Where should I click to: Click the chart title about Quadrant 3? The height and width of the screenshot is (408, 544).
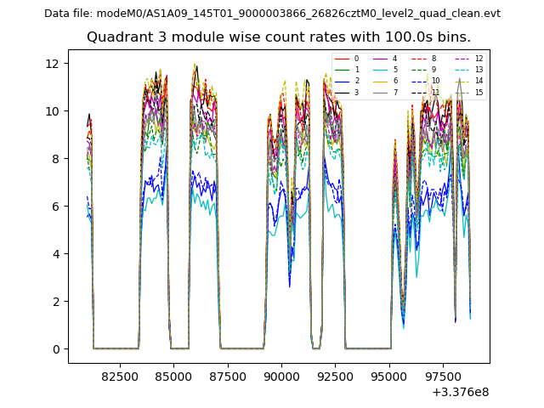(279, 37)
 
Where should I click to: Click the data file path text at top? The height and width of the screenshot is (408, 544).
(272, 14)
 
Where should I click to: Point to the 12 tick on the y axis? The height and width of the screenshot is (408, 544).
(52, 64)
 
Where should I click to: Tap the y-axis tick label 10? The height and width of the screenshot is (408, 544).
(52, 111)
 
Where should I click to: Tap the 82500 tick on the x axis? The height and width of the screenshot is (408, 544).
(120, 376)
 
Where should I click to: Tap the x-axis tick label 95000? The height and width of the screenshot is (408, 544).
(389, 376)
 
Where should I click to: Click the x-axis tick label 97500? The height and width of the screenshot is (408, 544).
(443, 376)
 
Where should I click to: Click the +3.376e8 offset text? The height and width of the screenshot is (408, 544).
(460, 392)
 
